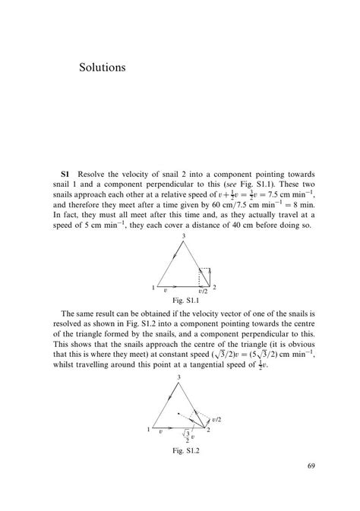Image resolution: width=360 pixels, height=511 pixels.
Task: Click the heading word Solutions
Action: tap(102, 68)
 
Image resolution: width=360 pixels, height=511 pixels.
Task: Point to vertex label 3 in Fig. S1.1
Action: tap(183, 238)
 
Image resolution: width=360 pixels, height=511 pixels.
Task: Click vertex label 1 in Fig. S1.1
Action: tap(153, 288)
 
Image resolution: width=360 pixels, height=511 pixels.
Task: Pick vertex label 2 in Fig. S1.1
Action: tap(215, 287)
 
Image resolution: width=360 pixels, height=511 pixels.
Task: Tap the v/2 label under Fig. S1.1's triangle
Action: tap(202, 291)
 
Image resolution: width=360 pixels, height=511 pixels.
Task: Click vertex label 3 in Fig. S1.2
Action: tap(179, 377)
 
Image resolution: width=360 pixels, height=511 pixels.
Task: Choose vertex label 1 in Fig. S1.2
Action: tap(149, 431)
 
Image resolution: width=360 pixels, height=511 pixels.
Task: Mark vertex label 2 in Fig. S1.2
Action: tap(209, 431)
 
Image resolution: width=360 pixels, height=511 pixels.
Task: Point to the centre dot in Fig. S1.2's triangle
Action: tap(178, 414)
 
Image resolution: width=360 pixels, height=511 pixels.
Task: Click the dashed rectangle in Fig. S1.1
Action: tap(204, 276)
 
